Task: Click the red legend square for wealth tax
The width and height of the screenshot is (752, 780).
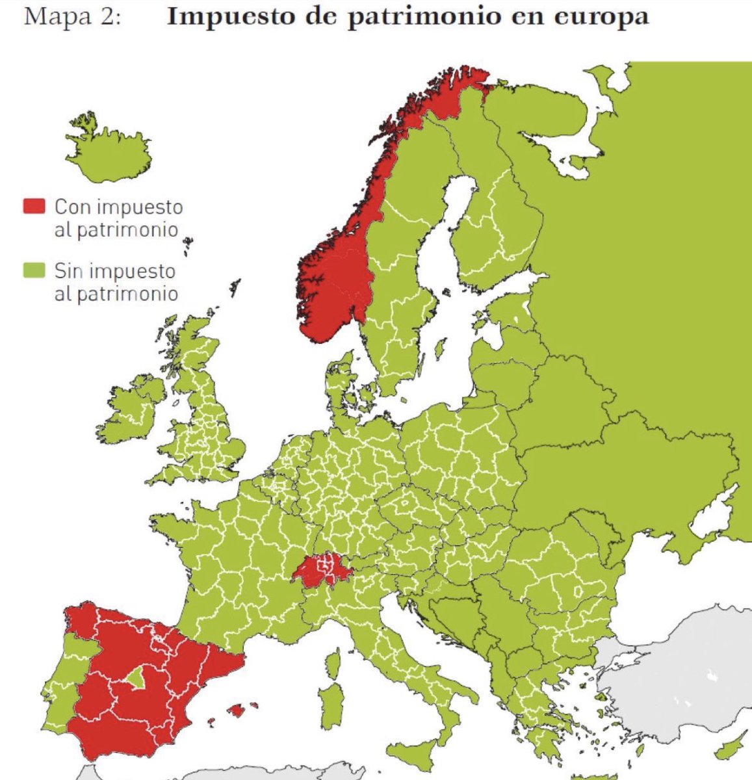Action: click(x=34, y=206)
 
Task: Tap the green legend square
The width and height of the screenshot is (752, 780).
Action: click(x=34, y=269)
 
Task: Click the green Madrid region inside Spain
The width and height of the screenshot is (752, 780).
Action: click(x=136, y=679)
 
